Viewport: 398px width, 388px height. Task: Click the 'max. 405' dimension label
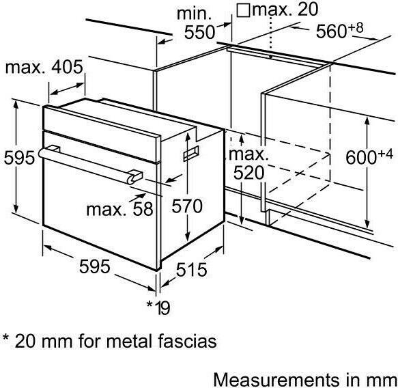44,67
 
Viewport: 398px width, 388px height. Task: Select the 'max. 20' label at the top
285,9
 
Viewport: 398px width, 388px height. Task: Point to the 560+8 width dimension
339,31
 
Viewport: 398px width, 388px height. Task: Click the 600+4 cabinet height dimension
369,156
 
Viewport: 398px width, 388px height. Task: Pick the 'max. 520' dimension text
248,164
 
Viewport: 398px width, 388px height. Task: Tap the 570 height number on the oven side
187,206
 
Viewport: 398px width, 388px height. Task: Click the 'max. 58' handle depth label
119,209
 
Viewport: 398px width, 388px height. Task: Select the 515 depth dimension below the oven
192,269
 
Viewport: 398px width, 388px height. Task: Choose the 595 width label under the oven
95,266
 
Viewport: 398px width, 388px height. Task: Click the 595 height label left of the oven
19,158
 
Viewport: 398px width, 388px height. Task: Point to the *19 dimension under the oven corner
158,307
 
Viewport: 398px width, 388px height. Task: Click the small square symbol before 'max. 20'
243,10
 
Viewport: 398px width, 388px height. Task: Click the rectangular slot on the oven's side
191,154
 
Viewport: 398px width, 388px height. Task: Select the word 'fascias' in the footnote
187,341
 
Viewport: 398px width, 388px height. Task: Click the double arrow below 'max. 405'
67,89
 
